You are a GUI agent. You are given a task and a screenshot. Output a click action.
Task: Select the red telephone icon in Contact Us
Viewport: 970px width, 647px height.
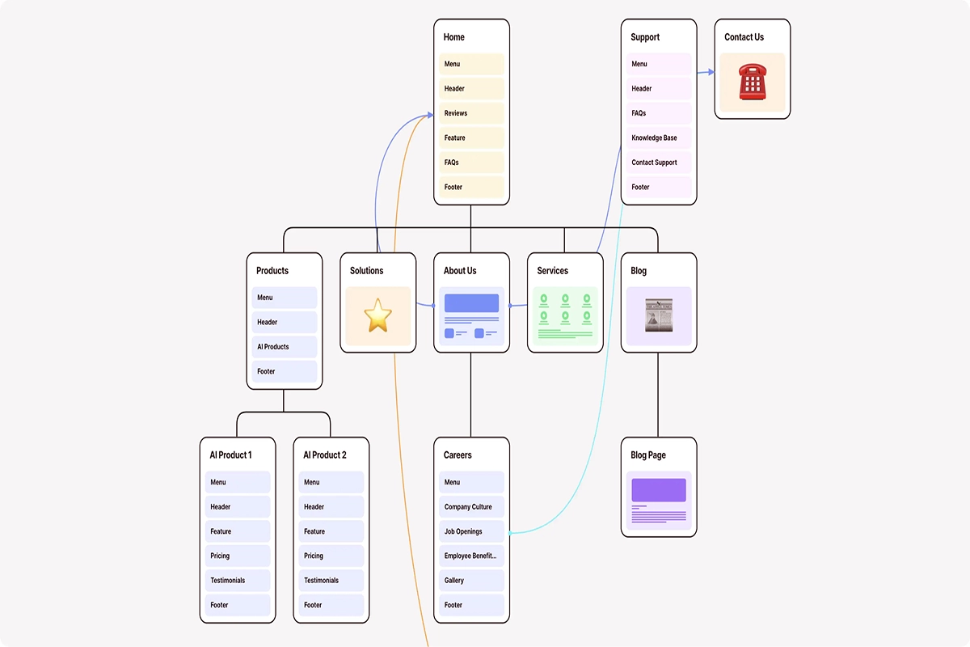coord(752,82)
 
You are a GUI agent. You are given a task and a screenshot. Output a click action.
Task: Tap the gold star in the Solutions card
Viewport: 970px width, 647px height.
coord(377,315)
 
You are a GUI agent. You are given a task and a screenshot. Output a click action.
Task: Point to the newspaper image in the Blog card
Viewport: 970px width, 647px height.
coord(659,315)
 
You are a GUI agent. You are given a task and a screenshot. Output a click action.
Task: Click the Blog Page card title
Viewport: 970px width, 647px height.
coord(648,455)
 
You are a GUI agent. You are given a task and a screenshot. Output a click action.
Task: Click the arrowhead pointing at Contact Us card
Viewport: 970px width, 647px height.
coord(711,72)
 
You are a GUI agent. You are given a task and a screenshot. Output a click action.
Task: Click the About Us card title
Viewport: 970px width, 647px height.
coord(460,271)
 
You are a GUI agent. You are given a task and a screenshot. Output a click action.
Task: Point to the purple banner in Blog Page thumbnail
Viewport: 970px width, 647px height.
coord(659,490)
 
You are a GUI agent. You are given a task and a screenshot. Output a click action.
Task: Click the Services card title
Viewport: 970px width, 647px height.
coord(553,271)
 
